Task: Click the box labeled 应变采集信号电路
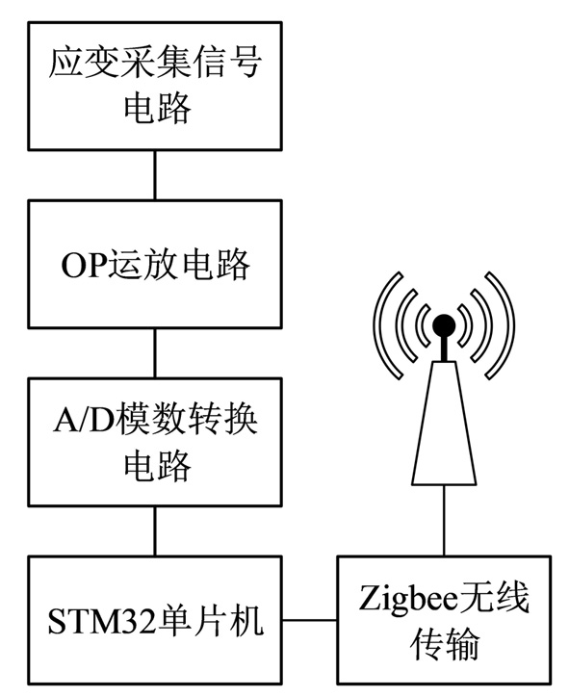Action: [x=155, y=86]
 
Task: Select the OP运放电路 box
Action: [x=155, y=264]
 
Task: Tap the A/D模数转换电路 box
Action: [x=155, y=442]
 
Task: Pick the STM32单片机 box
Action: [x=155, y=620]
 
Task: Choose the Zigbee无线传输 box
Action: [x=444, y=620]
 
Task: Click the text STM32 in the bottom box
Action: [x=102, y=621]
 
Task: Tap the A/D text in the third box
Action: [x=85, y=419]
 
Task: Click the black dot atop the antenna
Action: [x=444, y=325]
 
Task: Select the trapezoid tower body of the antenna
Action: [x=444, y=423]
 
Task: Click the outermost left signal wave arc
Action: [x=386, y=325]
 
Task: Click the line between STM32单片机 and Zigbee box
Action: [x=309, y=620]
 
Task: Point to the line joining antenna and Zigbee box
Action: [x=444, y=520]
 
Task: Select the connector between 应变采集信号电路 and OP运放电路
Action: [x=155, y=175]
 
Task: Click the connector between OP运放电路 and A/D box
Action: [x=155, y=353]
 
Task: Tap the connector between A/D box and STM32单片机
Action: [x=155, y=531]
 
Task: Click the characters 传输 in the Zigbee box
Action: [x=444, y=643]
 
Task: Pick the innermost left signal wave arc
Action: [x=424, y=325]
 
